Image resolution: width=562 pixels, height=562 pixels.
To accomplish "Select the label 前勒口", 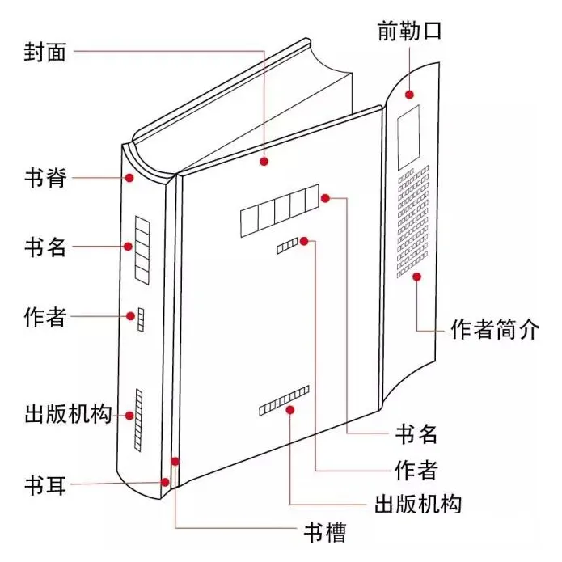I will tap(409, 32).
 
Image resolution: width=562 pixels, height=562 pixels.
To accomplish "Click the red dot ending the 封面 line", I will tap(264, 162).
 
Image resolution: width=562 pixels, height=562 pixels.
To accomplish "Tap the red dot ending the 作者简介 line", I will tap(416, 277).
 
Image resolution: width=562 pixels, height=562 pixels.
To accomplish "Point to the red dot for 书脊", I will tap(128, 176).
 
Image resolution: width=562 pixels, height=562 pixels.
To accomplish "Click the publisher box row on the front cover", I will tap(284, 400).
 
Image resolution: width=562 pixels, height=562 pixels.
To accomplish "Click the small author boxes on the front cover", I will tap(287, 246).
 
